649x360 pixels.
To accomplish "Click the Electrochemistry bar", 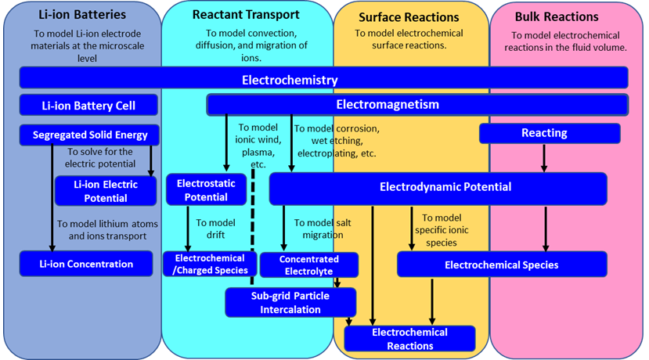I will [323, 78].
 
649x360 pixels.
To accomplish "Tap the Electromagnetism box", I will [416, 104].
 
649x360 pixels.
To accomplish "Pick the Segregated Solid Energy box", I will [89, 135].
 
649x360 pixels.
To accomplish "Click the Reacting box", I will [549, 133].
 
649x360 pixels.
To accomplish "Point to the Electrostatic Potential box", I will [206, 190].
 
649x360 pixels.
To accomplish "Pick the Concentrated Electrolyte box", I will [308, 265].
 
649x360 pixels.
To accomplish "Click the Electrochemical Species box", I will [502, 265].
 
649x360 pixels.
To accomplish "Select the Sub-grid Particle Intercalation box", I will [290, 303].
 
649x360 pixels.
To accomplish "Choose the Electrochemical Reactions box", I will [409, 338].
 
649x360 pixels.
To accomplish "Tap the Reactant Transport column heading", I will [246, 15].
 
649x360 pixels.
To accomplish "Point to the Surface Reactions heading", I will [409, 16].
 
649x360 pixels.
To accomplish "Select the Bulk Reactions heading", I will [557, 16].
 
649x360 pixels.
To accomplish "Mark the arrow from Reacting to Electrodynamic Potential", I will [544, 157].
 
